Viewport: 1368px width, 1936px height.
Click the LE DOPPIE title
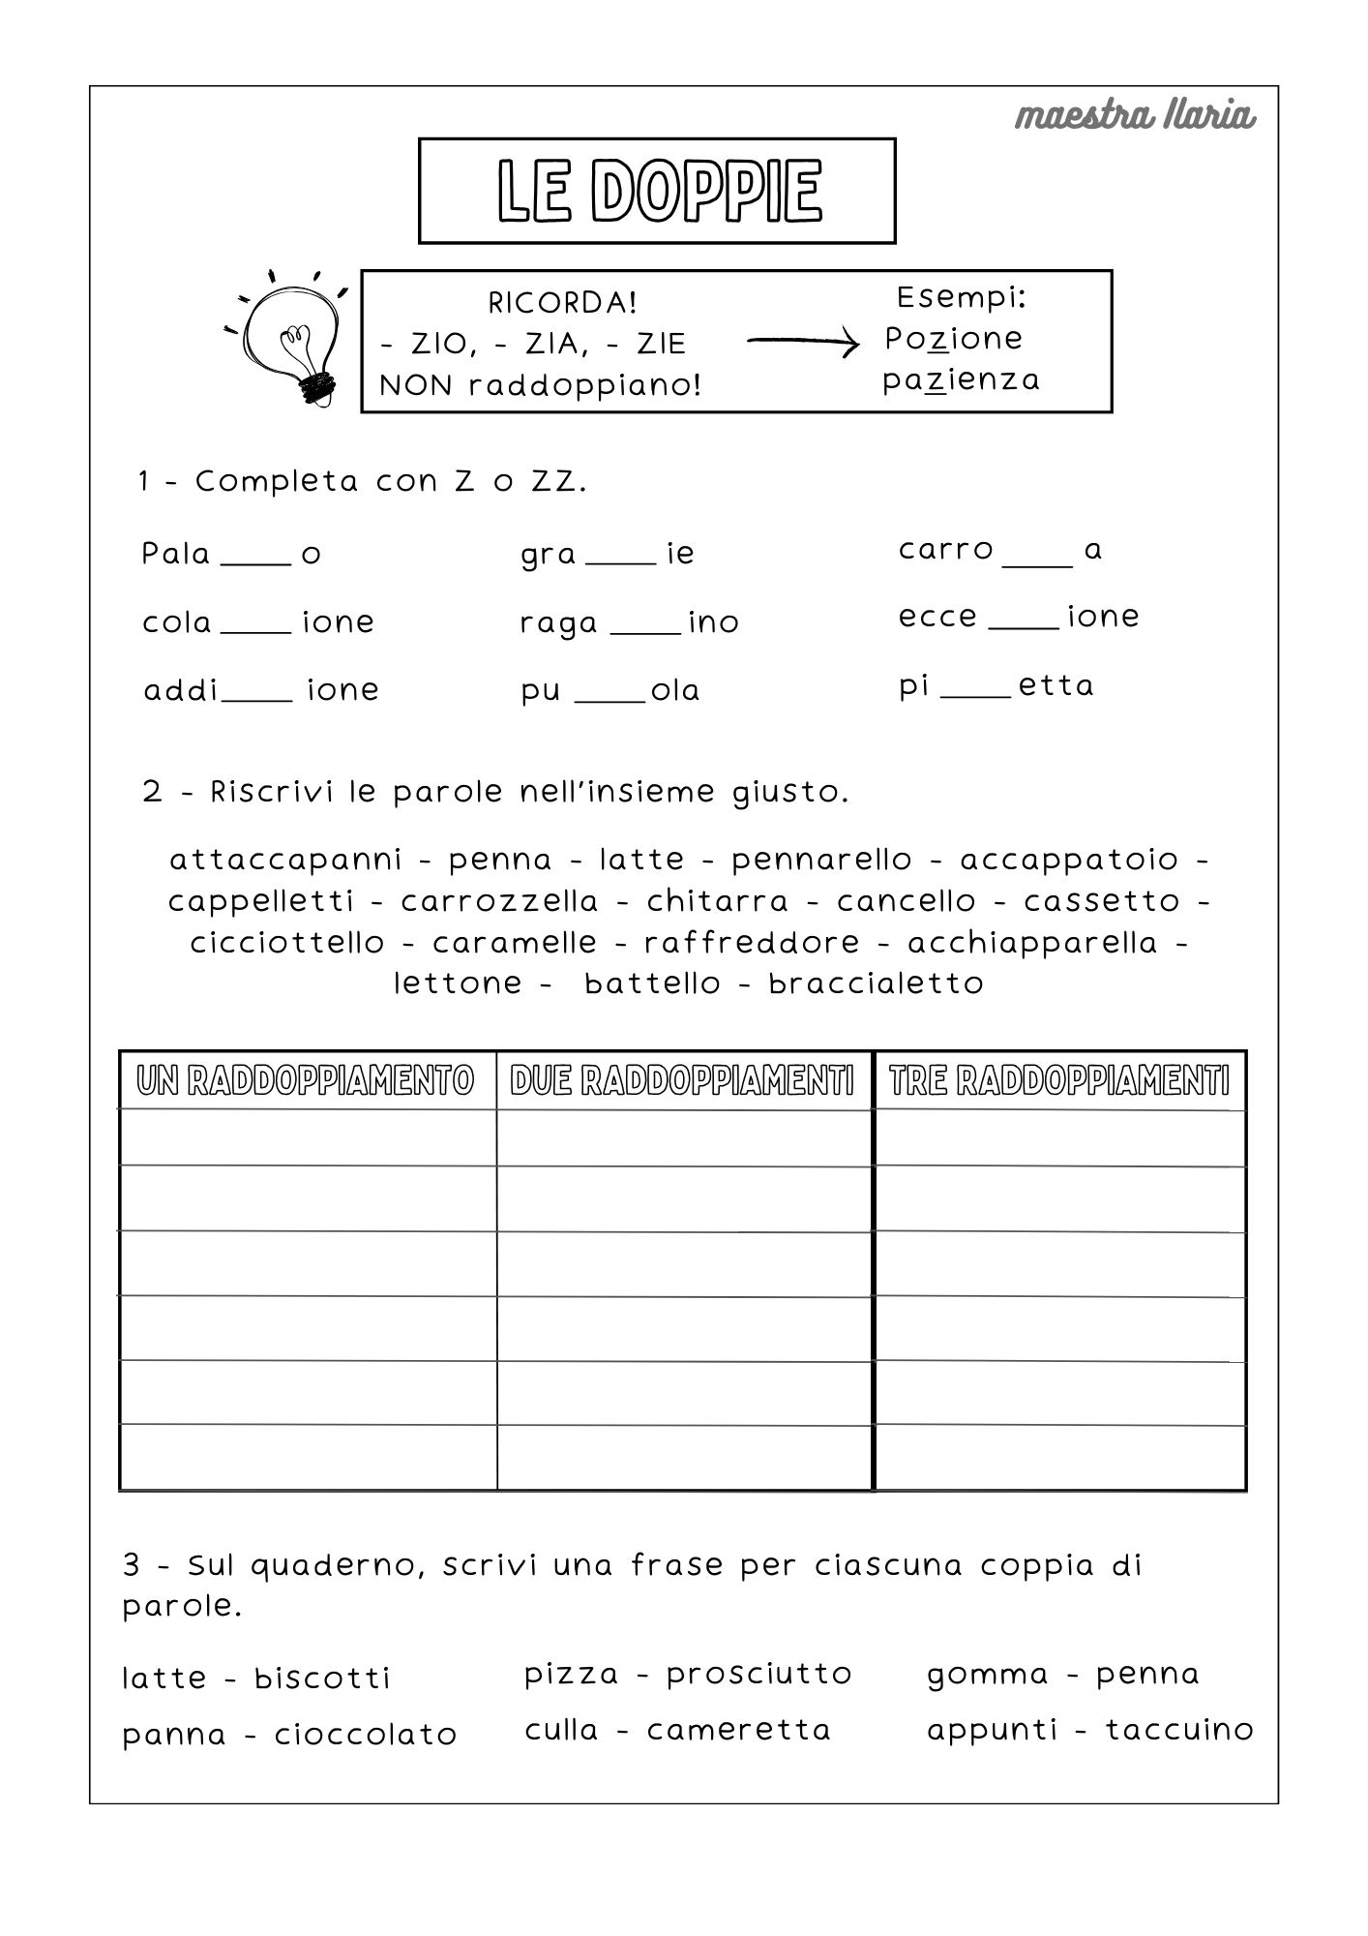coord(658,191)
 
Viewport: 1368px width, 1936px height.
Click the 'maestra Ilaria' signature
coord(1135,116)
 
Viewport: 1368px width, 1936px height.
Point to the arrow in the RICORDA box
coord(802,341)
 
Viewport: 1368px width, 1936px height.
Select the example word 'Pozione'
coord(953,339)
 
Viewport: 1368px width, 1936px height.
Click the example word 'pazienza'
coord(961,379)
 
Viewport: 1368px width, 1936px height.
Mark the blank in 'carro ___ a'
coord(1038,560)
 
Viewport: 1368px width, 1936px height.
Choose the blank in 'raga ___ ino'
coord(646,629)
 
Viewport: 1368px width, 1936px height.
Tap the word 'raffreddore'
coord(752,942)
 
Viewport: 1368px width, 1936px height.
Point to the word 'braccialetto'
coord(876,983)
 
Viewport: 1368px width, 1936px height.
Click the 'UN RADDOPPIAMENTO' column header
coord(307,1080)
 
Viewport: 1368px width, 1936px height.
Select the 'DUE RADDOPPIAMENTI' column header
coord(683,1080)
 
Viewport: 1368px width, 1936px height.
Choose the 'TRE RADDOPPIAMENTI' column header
coord(1059,1080)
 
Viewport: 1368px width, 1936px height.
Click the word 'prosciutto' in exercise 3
coord(758,1674)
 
